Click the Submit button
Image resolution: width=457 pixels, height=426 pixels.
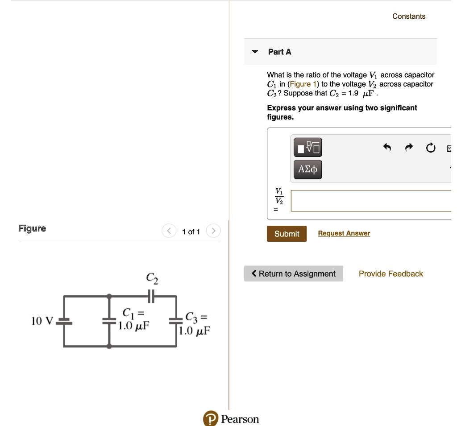pos(287,234)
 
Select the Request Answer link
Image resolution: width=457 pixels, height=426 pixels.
pos(344,233)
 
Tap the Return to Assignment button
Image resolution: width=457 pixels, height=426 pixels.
pos(293,274)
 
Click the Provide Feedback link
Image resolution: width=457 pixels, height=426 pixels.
pos(391,274)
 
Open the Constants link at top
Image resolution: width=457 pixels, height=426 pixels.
pos(409,17)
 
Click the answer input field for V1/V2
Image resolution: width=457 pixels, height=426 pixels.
pos(370,201)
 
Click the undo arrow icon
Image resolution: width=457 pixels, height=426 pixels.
pos(387,148)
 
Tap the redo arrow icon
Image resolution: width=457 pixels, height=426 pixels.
pos(410,148)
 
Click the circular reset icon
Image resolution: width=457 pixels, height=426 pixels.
pos(430,148)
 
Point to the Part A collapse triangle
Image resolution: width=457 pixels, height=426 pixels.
pos(255,52)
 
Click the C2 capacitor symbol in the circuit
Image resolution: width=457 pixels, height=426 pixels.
pos(151,295)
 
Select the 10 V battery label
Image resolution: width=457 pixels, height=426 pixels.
pos(42,321)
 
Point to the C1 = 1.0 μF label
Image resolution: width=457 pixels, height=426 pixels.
pos(133,319)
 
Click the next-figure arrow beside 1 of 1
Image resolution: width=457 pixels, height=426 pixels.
pos(213,231)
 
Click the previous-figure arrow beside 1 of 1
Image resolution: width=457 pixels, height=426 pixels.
pos(169,231)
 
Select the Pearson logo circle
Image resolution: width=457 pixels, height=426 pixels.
pos(210,419)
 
